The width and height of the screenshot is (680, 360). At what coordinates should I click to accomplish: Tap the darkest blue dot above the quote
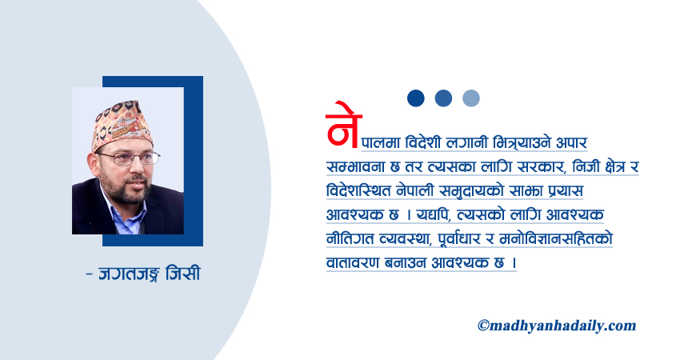pos(415,98)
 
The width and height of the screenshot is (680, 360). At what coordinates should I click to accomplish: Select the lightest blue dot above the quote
pos(471,98)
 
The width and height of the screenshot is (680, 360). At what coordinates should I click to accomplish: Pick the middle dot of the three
pos(443,98)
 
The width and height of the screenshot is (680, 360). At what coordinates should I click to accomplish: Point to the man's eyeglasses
pos(127,158)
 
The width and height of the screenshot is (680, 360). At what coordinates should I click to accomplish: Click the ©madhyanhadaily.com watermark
pos(557,325)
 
